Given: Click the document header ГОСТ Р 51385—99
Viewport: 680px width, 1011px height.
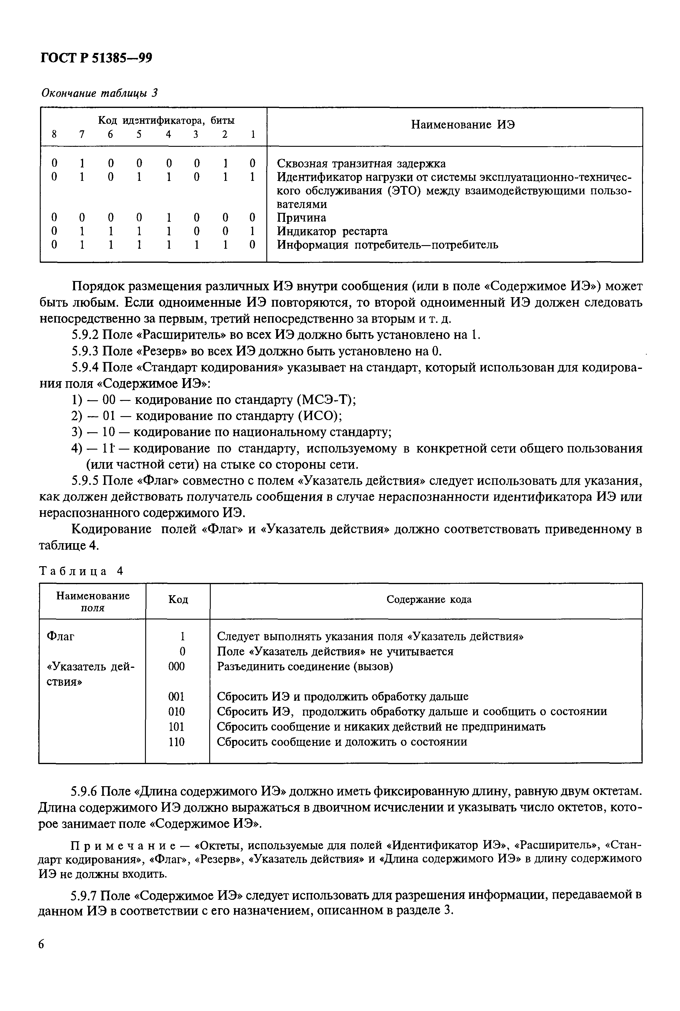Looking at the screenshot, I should click(x=96, y=58).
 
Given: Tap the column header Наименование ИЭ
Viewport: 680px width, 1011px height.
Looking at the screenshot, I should click(x=463, y=125).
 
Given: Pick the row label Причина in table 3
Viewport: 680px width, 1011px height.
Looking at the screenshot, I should click(x=301, y=218).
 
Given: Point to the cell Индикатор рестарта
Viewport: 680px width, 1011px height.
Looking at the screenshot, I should click(x=332, y=231).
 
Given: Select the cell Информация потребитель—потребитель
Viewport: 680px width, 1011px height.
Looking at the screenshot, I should click(x=387, y=245).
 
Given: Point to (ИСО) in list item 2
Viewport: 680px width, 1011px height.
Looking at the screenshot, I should click(x=320, y=416).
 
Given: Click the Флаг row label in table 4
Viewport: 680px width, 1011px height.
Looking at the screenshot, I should click(x=60, y=636).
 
